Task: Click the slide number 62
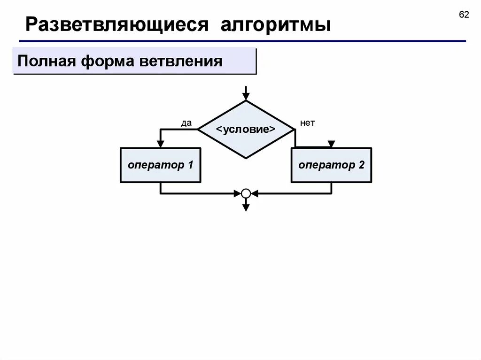pos(464,15)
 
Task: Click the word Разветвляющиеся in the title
pos(117,25)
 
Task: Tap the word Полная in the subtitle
pos(45,61)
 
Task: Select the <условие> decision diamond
pos(246,130)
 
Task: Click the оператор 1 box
pos(161,165)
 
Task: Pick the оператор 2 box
pos(331,165)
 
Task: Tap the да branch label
pos(186,123)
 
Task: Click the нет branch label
pos(307,123)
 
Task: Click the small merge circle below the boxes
pos(246,193)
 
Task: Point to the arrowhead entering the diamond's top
pos(246,96)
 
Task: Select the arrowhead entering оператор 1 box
pos(161,144)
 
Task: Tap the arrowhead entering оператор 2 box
pos(331,144)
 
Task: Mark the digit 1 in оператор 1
pos(190,165)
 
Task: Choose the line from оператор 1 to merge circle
pos(197,193)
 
